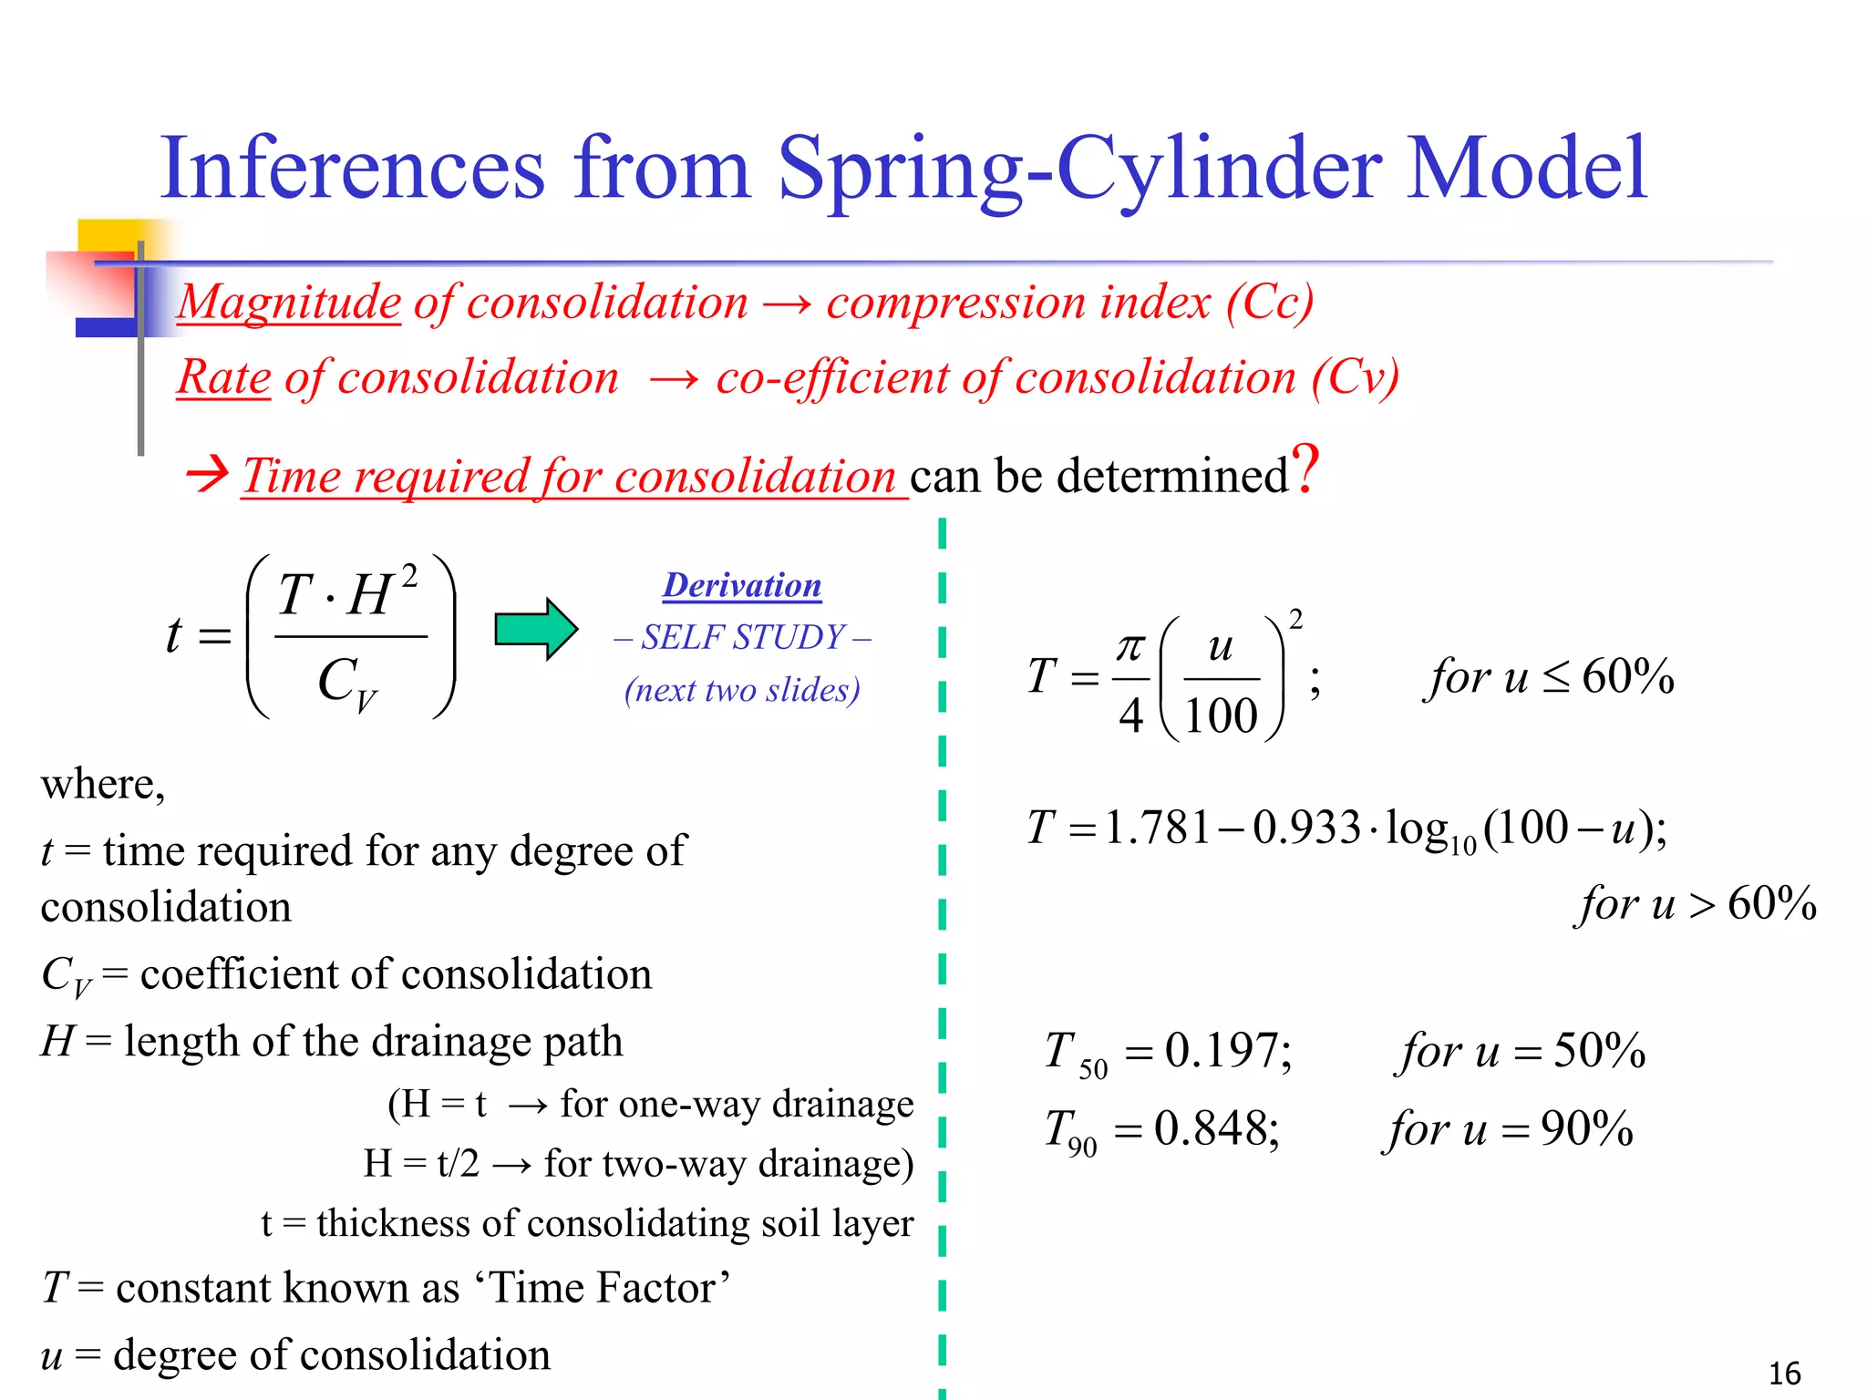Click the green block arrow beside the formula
535,629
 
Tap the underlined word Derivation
741,585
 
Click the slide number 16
1784,1373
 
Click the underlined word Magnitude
289,302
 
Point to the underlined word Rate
224,377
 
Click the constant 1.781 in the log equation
1156,828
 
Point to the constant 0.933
1305,828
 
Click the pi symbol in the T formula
1130,647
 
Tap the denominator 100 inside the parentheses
1221,715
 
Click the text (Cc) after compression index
1270,302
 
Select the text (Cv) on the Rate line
1356,377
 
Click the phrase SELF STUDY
743,637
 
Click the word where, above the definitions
103,784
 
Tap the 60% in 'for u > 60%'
1771,903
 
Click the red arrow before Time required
207,474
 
